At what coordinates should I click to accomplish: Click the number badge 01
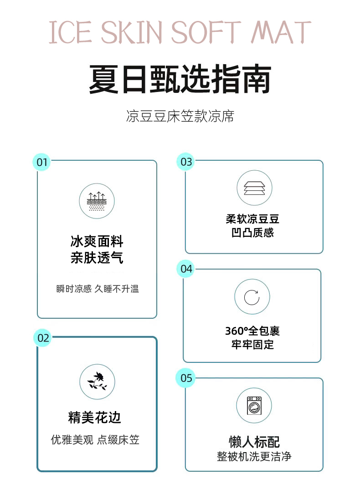pyautogui.click(x=41, y=162)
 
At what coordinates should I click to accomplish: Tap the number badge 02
pyautogui.click(x=43, y=338)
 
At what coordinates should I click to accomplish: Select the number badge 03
pyautogui.click(x=186, y=162)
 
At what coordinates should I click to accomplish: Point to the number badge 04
pyautogui.click(x=186, y=269)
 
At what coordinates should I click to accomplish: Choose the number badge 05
pyautogui.click(x=186, y=378)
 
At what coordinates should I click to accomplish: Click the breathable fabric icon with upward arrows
pyautogui.click(x=97, y=201)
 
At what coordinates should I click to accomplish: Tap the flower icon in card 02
pyautogui.click(x=97, y=382)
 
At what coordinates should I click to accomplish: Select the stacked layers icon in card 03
pyautogui.click(x=254, y=188)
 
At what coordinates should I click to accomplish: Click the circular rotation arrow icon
pyautogui.click(x=252, y=297)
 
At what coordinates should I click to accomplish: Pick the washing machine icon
pyautogui.click(x=254, y=405)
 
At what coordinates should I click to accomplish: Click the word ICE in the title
pyautogui.click(x=70, y=32)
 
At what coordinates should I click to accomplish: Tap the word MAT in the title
pyautogui.click(x=282, y=32)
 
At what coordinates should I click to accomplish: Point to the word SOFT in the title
pyautogui.click(x=206, y=32)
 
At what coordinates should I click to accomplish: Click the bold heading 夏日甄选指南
pyautogui.click(x=180, y=79)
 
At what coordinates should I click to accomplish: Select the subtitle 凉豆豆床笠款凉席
pyautogui.click(x=180, y=116)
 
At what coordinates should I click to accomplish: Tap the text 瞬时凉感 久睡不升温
pyautogui.click(x=98, y=289)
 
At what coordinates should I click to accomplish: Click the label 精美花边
pyautogui.click(x=95, y=417)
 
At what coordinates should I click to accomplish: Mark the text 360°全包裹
pyautogui.click(x=252, y=331)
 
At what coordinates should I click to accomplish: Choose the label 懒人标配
pyautogui.click(x=254, y=442)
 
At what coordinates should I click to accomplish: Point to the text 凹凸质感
pyautogui.click(x=252, y=233)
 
